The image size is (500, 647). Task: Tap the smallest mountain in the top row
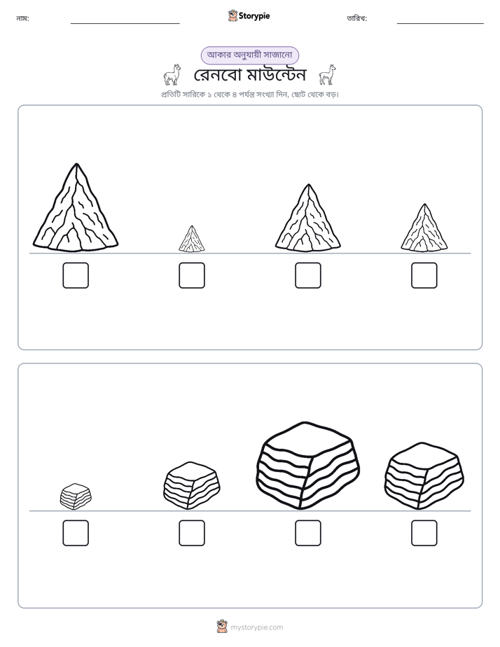(192, 239)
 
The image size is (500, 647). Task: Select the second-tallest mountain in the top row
(307, 218)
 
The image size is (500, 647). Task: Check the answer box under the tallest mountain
(76, 275)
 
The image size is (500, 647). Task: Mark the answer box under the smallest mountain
(192, 275)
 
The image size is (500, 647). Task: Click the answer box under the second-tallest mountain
(307, 275)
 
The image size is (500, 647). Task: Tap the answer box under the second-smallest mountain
(424, 275)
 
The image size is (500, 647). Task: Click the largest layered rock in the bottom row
(307, 466)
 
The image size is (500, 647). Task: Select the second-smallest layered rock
(192, 485)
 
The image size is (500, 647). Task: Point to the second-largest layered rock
(424, 475)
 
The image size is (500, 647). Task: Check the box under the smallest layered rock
(76, 533)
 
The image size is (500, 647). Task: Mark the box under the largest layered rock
(307, 533)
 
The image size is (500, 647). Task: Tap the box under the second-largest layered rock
(424, 533)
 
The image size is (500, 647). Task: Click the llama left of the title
(172, 75)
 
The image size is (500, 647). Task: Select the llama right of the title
(328, 75)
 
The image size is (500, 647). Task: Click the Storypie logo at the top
(249, 15)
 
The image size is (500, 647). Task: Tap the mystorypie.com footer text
(256, 627)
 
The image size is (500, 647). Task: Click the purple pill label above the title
(249, 55)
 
